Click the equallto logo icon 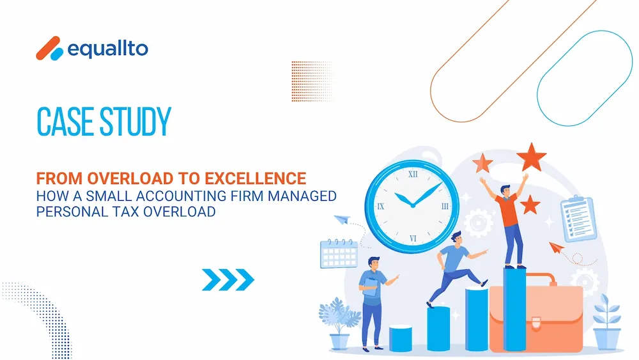50,49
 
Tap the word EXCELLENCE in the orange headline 255,178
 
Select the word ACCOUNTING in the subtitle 181,196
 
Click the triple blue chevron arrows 228,279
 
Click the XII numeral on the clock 413,175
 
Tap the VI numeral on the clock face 413,239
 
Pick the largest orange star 531,157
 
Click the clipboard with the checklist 578,219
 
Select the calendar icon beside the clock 339,254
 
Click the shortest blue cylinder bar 400,338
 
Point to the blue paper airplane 343,219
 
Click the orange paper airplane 557,247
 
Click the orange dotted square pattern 311,81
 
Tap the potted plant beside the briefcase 607,322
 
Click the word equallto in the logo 107,49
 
